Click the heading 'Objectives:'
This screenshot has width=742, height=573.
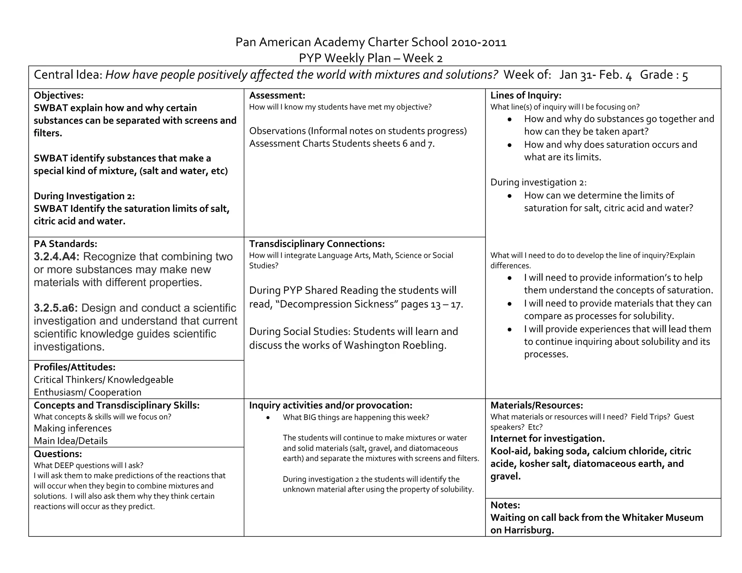[x=58, y=95]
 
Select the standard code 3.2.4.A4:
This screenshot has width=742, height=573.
[x=56, y=256]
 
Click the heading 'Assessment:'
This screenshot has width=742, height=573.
[x=277, y=95]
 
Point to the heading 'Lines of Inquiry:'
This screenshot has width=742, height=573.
[x=526, y=95]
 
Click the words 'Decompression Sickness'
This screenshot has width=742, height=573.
[x=337, y=304]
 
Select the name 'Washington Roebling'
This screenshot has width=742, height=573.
[x=395, y=345]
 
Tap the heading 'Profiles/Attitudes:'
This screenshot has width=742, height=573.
[x=74, y=367]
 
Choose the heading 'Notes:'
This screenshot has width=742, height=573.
[x=505, y=505]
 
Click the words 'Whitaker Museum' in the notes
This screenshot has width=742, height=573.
[x=662, y=518]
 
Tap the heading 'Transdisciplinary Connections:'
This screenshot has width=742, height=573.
[x=317, y=243]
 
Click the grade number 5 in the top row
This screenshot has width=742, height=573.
[x=685, y=75]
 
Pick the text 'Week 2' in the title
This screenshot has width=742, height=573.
[x=423, y=58]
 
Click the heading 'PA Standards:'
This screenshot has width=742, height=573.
[x=65, y=243]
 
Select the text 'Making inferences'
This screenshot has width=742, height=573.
[x=72, y=428]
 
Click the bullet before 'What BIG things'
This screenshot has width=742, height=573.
[x=268, y=418]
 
